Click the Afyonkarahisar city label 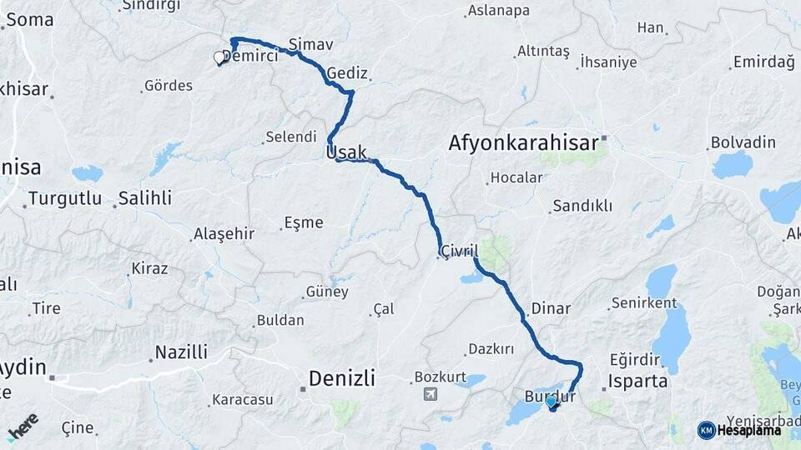point(524,142)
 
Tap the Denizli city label point(342,379)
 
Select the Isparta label point(638,382)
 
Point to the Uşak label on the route point(346,152)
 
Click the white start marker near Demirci point(220,57)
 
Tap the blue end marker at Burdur point(551,402)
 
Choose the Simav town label point(310,43)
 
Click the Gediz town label point(347,73)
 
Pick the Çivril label point(460,251)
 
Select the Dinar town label point(551,308)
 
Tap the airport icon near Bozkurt point(430,394)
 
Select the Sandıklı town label point(583,206)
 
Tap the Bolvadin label point(743,142)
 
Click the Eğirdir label point(635,359)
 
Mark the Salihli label point(144,198)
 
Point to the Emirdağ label point(763,62)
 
